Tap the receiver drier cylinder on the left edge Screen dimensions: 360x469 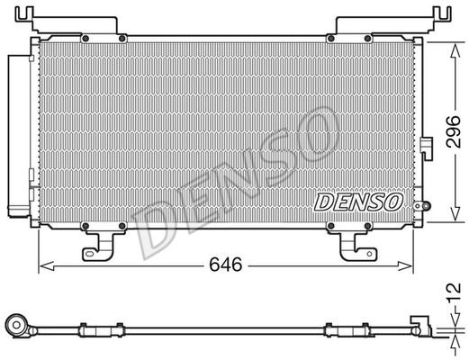tap(19, 135)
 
